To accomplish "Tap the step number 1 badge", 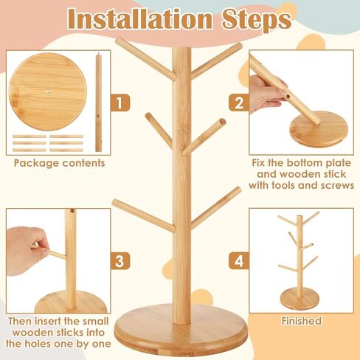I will (x=122, y=103).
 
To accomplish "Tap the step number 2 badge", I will (x=238, y=103).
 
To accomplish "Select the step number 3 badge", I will (x=122, y=260).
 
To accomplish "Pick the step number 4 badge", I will (x=238, y=260).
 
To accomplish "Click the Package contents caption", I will (x=59, y=163).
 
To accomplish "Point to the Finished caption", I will (x=301, y=321).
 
